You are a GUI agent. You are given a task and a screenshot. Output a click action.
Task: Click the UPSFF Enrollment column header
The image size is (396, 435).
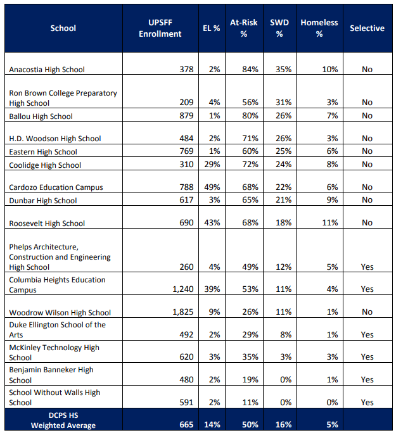(160, 28)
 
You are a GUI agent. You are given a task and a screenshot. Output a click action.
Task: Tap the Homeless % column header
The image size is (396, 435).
(319, 28)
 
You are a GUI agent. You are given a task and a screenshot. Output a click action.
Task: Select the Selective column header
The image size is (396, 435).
(367, 28)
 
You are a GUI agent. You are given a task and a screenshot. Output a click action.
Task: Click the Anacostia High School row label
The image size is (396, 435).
(47, 70)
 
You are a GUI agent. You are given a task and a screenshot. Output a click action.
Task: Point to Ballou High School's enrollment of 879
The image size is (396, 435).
(186, 115)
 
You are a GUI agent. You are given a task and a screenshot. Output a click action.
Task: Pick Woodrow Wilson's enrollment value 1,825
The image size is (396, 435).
(183, 312)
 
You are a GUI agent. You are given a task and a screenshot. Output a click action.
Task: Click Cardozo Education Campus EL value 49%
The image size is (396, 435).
(212, 187)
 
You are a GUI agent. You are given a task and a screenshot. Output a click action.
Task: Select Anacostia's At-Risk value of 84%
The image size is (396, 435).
(250, 70)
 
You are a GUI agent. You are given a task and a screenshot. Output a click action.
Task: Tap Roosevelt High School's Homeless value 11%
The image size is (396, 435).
(330, 222)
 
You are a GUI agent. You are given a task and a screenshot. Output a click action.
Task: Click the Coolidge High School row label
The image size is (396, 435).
(45, 165)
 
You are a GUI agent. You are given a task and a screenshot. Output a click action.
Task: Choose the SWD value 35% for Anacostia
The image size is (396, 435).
(283, 70)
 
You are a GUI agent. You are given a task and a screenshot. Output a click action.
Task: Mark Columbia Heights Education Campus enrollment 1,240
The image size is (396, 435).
(183, 289)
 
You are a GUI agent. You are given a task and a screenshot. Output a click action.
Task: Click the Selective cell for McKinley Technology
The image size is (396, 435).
(367, 356)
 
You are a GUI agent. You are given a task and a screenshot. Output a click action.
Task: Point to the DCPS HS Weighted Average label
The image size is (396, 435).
(63, 420)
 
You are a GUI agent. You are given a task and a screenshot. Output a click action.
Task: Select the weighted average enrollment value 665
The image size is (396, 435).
(186, 424)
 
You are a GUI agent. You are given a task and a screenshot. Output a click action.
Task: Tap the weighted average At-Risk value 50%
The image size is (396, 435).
(250, 424)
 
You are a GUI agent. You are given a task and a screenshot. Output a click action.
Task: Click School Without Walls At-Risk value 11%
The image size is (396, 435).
(250, 402)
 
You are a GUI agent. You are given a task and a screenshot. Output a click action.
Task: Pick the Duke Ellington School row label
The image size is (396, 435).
(57, 330)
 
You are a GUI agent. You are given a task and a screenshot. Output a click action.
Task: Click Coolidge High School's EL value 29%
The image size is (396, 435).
(212, 164)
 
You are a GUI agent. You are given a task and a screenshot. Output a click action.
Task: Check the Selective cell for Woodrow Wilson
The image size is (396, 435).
(367, 312)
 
